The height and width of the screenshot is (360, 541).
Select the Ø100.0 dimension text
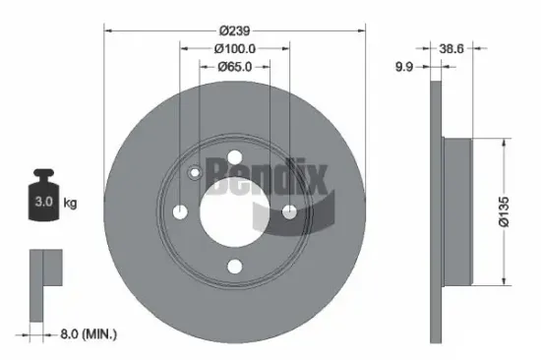(x=234, y=48)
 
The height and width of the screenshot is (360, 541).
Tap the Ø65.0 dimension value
(x=234, y=67)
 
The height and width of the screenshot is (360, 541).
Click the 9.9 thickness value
(x=401, y=67)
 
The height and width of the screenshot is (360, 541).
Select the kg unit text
(x=71, y=204)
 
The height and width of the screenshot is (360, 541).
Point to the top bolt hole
(x=234, y=158)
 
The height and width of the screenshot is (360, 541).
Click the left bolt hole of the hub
(x=181, y=211)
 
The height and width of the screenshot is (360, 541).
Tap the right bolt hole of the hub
(x=288, y=211)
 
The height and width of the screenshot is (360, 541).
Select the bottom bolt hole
(x=234, y=265)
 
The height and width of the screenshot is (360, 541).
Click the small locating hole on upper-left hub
(x=195, y=174)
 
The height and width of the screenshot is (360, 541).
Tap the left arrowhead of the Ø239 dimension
(x=107, y=30)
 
